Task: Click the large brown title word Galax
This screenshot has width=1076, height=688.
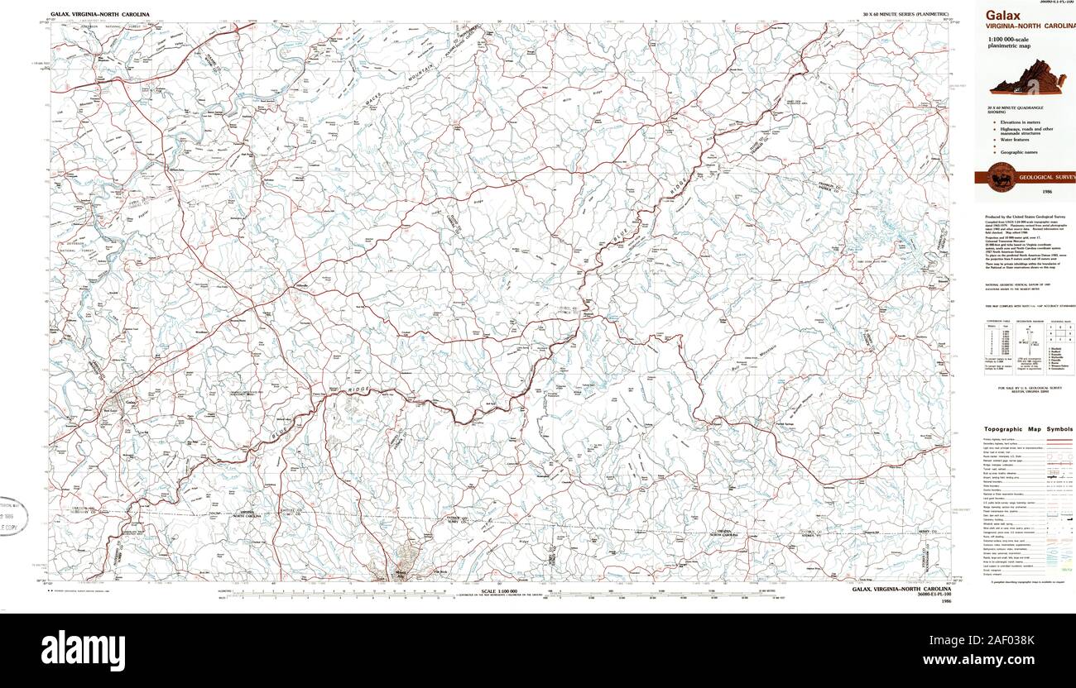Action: [x=1002, y=15]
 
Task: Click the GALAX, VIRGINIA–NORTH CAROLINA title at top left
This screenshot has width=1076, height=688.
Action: [x=99, y=14]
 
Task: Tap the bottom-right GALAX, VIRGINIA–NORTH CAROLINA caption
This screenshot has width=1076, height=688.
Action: [x=901, y=590]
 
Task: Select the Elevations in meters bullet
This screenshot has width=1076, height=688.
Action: [x=1021, y=122]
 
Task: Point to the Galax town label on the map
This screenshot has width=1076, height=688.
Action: [x=132, y=403]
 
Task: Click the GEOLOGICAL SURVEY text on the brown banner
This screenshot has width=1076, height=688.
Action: [x=1047, y=177]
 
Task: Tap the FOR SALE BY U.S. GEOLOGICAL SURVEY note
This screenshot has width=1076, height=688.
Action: [x=1029, y=387]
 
